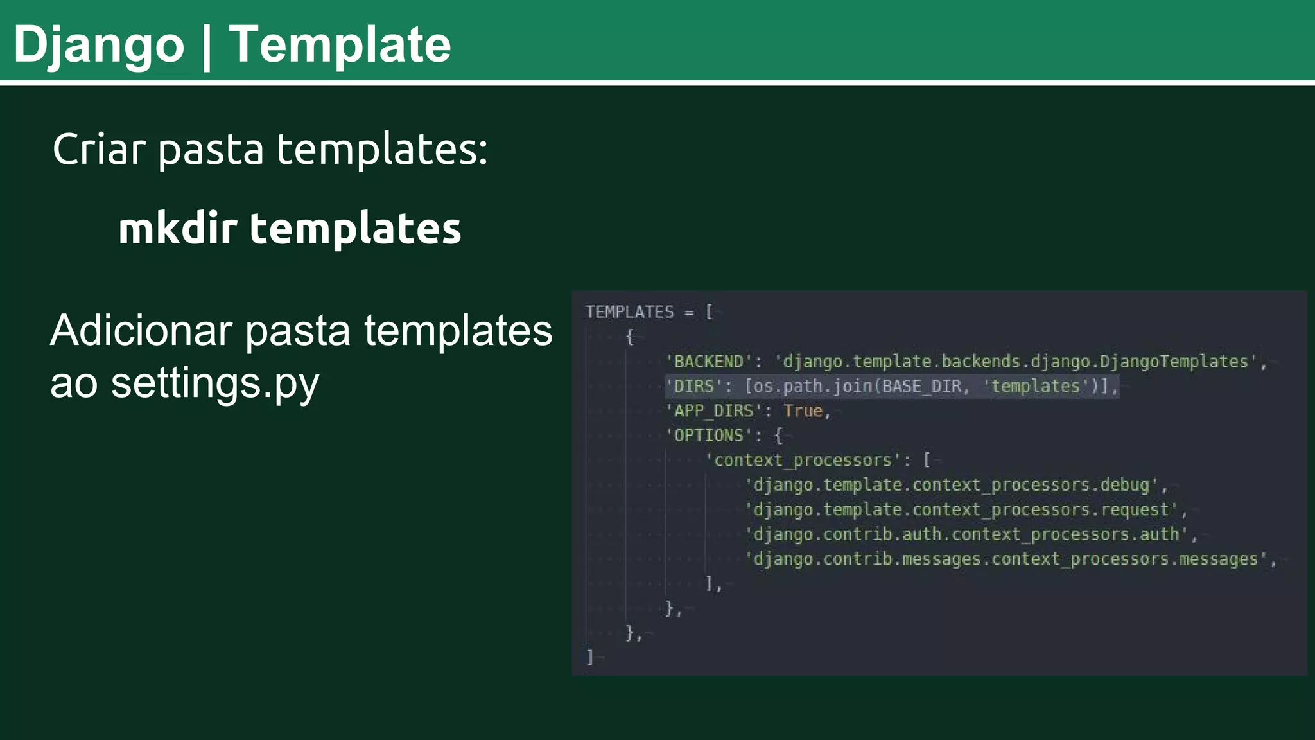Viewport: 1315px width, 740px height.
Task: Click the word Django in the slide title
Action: coord(99,45)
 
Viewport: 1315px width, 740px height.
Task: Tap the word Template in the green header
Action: coord(340,45)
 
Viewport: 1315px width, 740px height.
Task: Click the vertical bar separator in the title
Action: coord(206,46)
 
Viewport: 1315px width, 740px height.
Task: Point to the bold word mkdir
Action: coord(177,229)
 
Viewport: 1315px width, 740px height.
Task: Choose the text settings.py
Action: coord(215,384)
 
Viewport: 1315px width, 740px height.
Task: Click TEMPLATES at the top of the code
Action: coord(629,312)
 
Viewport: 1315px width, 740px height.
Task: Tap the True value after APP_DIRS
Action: coord(803,411)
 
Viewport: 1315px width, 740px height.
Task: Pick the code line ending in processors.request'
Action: coord(962,509)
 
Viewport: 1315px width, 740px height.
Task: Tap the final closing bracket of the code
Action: coord(589,657)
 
